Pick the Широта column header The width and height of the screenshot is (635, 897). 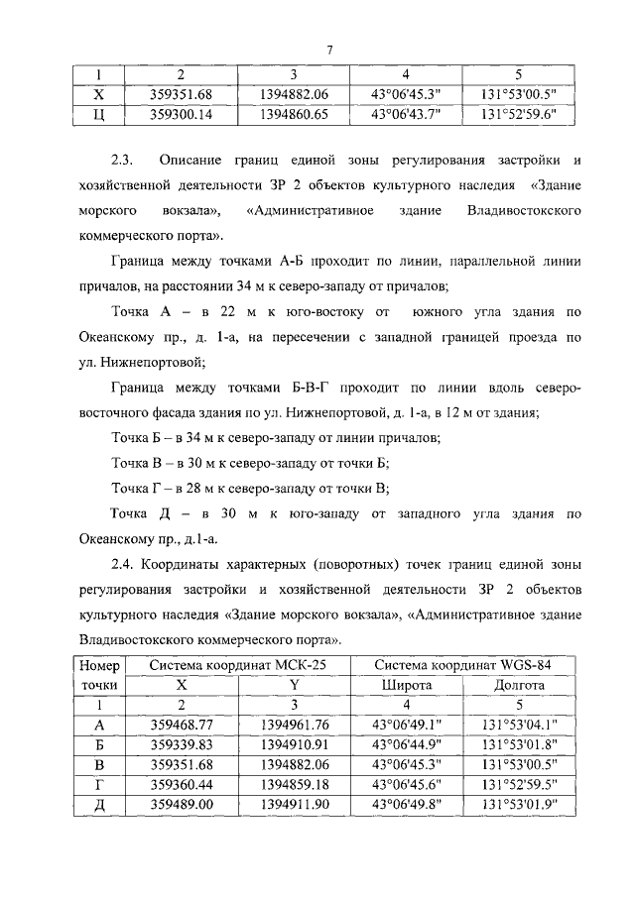(407, 685)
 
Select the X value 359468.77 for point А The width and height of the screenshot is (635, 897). (181, 725)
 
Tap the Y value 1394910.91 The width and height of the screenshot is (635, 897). (294, 744)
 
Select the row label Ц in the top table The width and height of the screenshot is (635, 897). (98, 114)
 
